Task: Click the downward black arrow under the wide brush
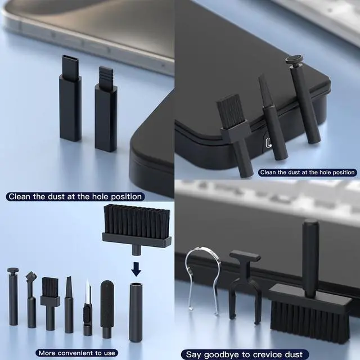click(x=136, y=269)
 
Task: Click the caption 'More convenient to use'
click(x=76, y=353)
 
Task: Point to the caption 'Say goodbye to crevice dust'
click(x=244, y=354)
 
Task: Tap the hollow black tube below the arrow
click(x=136, y=312)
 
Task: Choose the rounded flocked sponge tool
click(x=107, y=308)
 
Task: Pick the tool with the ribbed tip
click(x=106, y=109)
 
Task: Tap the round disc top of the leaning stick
click(x=294, y=59)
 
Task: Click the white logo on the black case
click(x=268, y=143)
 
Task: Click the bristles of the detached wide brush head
click(x=137, y=222)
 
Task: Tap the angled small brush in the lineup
click(x=31, y=299)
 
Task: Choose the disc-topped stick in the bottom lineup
click(x=13, y=296)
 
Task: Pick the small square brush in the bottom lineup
click(x=50, y=304)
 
